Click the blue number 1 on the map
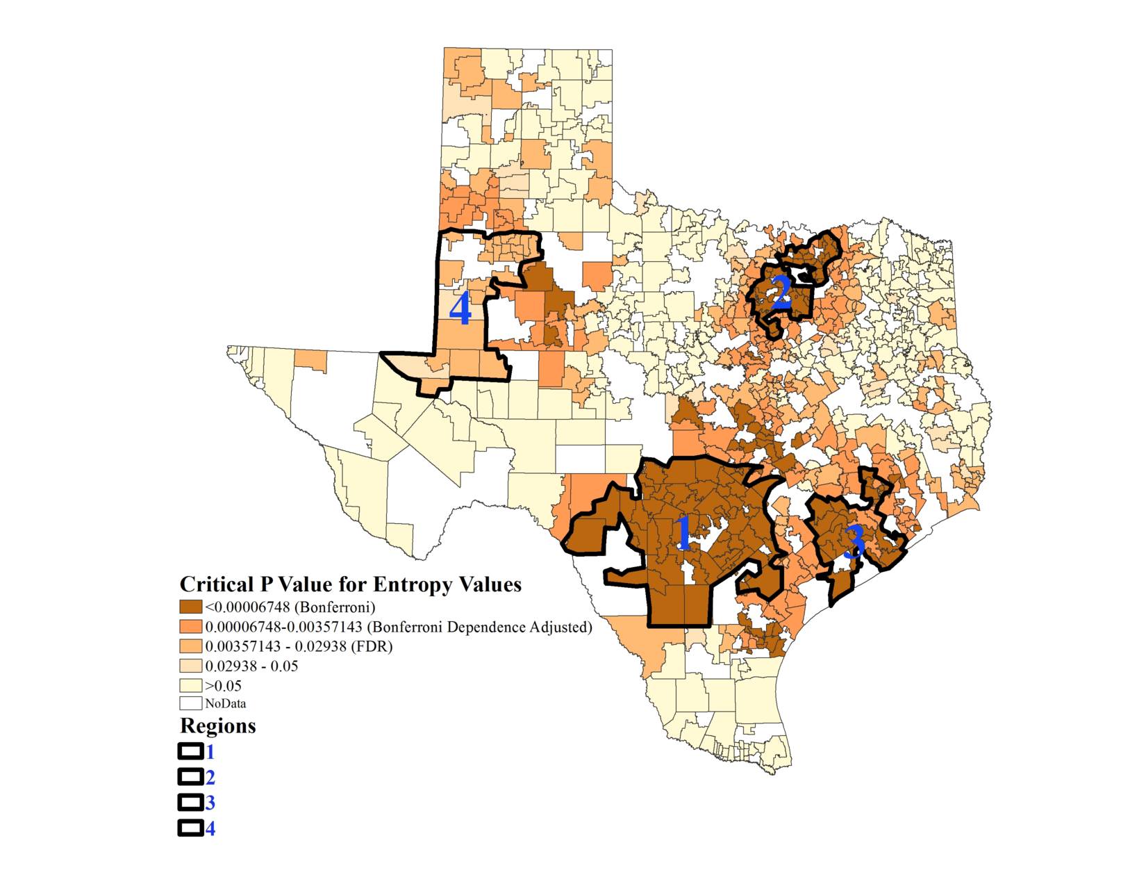click(x=683, y=534)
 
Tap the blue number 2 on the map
click(x=781, y=293)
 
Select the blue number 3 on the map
click(x=855, y=542)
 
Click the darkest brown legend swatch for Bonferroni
click(x=191, y=607)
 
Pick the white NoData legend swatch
click(x=191, y=703)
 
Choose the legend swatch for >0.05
click(x=191, y=685)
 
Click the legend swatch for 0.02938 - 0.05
click(x=191, y=666)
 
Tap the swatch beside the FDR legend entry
click(x=191, y=646)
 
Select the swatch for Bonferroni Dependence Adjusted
click(x=191, y=627)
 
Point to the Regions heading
click(x=217, y=726)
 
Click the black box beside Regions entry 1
click(x=190, y=752)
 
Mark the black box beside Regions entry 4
click(x=190, y=828)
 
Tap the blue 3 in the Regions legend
click(x=210, y=803)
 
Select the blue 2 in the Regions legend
click(x=210, y=778)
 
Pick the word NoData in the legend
click(x=226, y=703)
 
